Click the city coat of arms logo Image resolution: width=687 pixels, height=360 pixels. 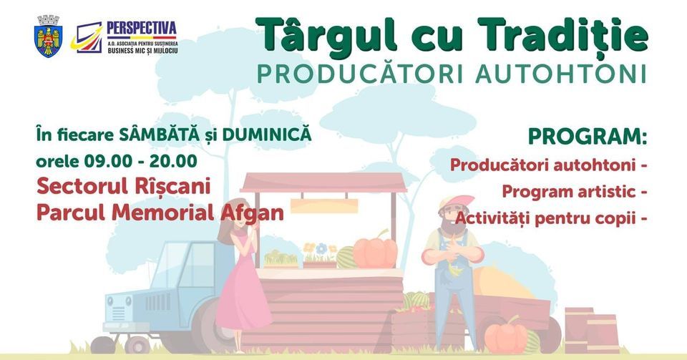coord(49,36)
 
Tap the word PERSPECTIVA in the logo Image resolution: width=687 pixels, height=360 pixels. coord(141,28)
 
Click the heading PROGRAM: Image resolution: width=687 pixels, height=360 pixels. coord(587,136)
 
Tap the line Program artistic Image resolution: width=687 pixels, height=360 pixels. coord(569,192)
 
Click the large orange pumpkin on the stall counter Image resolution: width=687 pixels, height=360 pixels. coord(374,252)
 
